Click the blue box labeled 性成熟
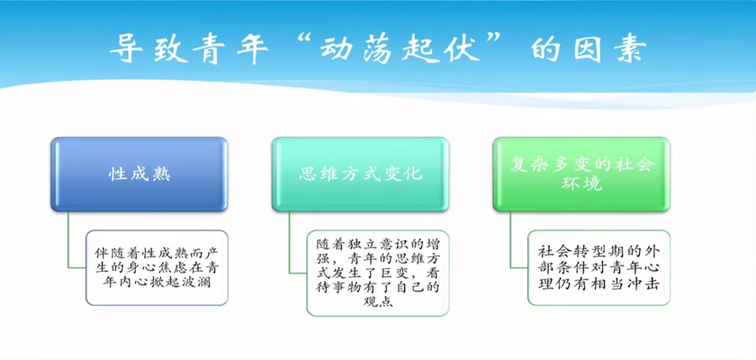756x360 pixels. [x=139, y=175]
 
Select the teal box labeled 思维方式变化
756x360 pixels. [x=360, y=175]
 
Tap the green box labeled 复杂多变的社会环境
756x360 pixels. [x=581, y=175]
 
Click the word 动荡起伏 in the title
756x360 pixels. [x=401, y=49]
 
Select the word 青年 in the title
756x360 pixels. [x=230, y=49]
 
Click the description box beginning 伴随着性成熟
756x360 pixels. [x=157, y=267]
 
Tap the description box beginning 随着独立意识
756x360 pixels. [x=378, y=274]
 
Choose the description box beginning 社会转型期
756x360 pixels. [x=598, y=267]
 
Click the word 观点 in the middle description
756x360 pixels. [x=378, y=302]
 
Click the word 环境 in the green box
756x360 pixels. [x=581, y=184]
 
